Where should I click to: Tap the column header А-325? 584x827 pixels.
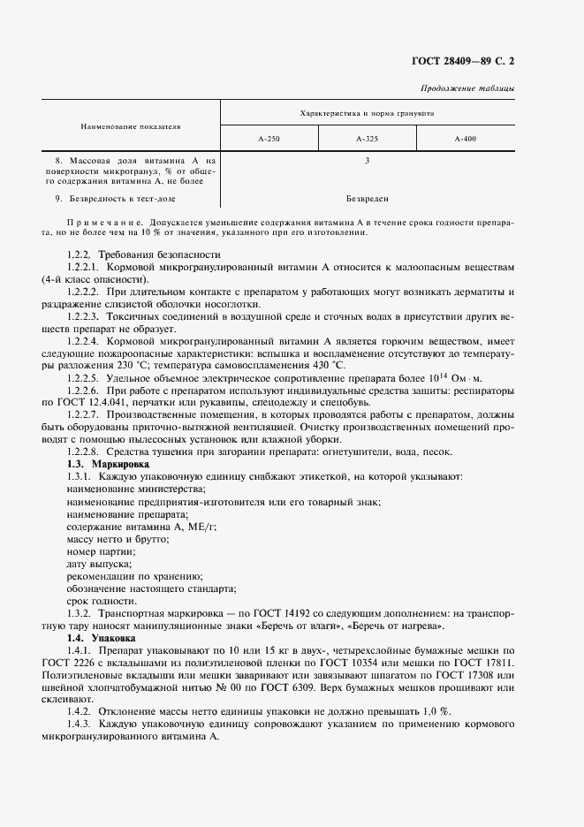(x=367, y=140)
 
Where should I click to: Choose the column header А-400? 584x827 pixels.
(x=465, y=140)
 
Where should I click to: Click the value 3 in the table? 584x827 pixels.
(x=367, y=161)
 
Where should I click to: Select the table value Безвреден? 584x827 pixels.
(x=367, y=199)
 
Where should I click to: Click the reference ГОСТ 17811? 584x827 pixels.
(x=488, y=663)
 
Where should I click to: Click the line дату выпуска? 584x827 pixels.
(x=99, y=564)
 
